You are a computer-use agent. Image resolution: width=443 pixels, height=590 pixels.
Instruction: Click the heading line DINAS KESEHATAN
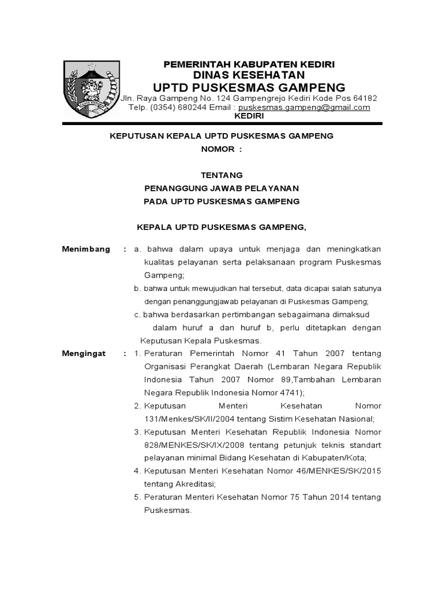pyautogui.click(x=249, y=75)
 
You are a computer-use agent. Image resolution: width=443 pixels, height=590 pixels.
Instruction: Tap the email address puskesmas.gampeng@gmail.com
pyautogui.click(x=304, y=108)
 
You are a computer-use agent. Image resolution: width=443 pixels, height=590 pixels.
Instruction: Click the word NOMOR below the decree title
pyautogui.click(x=217, y=149)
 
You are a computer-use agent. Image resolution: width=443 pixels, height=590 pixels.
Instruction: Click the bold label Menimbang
pyautogui.click(x=86, y=249)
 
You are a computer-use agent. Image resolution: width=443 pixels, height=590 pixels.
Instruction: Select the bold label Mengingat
pyautogui.click(x=84, y=353)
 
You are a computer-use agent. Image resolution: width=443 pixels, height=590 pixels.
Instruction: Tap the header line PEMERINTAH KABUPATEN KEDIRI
pyautogui.click(x=249, y=63)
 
